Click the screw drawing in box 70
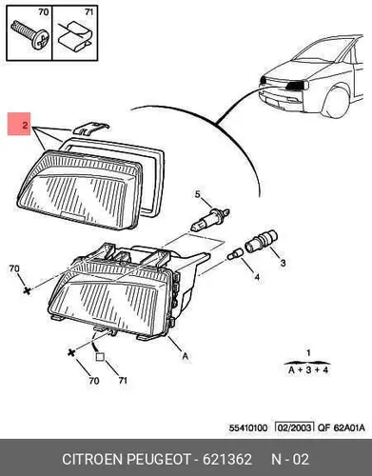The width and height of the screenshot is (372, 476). [30, 35]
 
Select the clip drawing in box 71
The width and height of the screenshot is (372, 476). [75, 36]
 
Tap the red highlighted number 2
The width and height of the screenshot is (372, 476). [25, 125]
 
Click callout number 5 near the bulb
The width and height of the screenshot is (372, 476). [198, 194]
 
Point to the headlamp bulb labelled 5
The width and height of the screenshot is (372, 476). [210, 219]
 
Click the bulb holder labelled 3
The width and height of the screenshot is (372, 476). [261, 241]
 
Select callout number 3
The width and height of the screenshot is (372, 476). [283, 263]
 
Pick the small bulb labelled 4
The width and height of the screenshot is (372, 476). [236, 254]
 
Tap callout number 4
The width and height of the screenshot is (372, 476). [257, 277]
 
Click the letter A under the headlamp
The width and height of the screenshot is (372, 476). [186, 356]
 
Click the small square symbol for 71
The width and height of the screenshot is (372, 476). [100, 357]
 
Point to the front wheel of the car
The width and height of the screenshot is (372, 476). [337, 103]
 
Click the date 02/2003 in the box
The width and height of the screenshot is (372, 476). [294, 427]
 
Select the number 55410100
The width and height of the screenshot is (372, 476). [248, 428]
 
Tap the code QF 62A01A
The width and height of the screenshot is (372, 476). [342, 428]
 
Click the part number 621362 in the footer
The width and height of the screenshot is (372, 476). [227, 459]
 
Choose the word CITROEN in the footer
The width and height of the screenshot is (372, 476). [92, 459]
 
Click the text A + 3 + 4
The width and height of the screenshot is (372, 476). [308, 370]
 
